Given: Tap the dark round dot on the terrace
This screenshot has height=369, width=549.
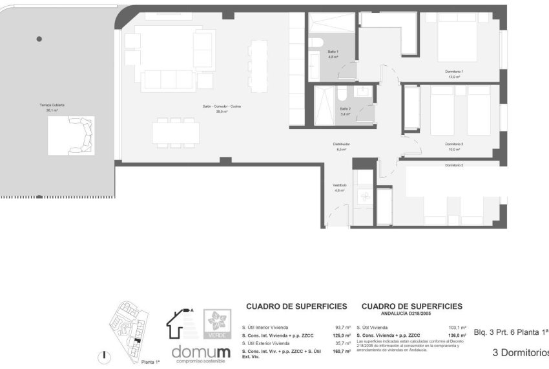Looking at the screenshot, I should (x=39, y=39).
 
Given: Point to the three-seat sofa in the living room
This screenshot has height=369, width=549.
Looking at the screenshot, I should (x=167, y=80).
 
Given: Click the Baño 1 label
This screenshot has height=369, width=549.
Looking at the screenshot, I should (x=333, y=52).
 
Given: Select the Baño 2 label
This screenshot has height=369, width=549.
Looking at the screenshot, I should (x=346, y=108).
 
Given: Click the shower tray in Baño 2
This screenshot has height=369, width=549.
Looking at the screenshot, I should (x=325, y=105).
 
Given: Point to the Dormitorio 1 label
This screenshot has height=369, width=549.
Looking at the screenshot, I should (x=454, y=71).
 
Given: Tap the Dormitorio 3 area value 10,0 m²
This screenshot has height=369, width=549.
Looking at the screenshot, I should (x=454, y=149).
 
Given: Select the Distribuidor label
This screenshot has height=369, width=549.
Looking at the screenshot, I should (x=342, y=144).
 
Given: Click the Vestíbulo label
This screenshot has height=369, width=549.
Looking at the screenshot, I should (x=339, y=184).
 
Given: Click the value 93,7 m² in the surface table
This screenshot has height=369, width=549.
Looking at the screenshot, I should (x=343, y=327).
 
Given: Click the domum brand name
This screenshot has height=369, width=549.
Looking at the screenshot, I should (x=200, y=352).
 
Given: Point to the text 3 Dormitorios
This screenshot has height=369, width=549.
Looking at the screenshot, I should (x=520, y=352).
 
